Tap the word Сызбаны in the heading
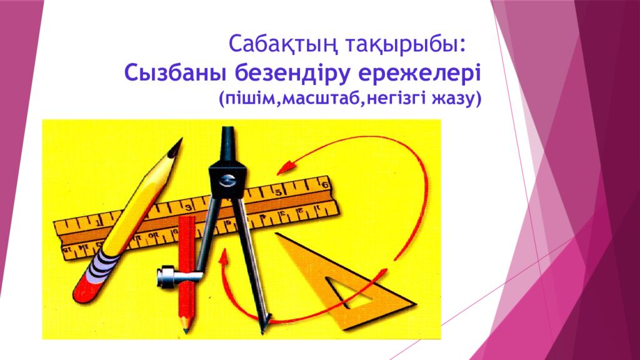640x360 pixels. click(176, 73)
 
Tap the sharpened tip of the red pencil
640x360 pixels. click(186, 326)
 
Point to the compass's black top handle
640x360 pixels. click(228, 141)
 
